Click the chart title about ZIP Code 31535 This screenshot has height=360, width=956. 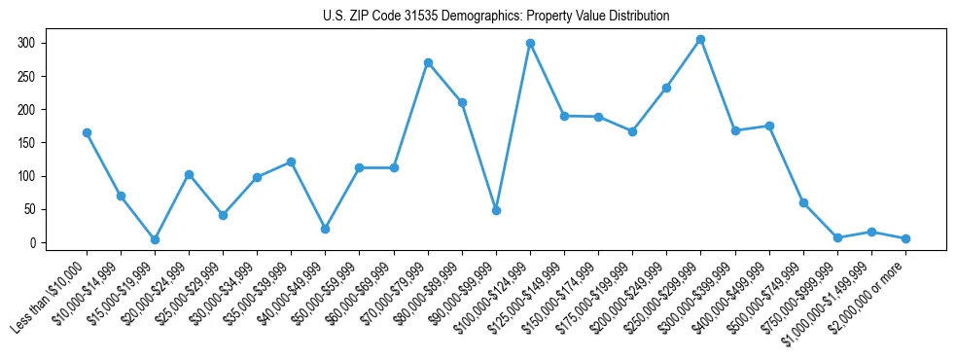pyautogui.click(x=496, y=17)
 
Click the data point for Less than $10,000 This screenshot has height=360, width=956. pyautogui.click(x=87, y=132)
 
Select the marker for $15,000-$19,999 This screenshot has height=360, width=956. pyautogui.click(x=155, y=239)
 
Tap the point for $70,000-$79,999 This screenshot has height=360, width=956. pyautogui.click(x=428, y=62)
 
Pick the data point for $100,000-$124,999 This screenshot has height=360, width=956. pyautogui.click(x=530, y=43)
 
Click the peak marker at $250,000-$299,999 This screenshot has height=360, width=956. pyautogui.click(x=700, y=39)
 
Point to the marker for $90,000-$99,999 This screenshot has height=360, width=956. pyautogui.click(x=496, y=210)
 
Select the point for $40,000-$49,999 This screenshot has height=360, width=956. pyautogui.click(x=325, y=229)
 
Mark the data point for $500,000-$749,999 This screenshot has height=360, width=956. pyautogui.click(x=803, y=202)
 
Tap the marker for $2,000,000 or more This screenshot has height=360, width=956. pyautogui.click(x=905, y=238)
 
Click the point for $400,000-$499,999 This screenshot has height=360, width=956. pyautogui.click(x=769, y=126)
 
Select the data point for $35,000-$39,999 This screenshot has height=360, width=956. pyautogui.click(x=291, y=162)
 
